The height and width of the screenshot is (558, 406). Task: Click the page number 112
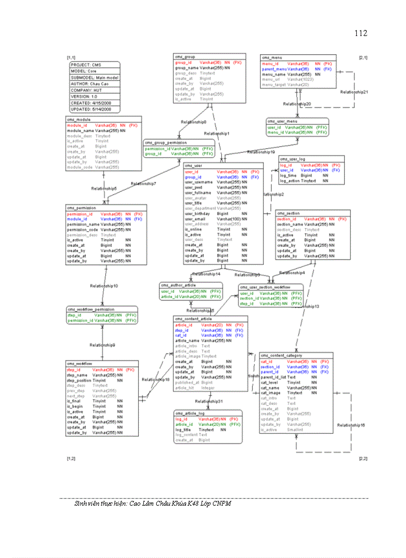[x=361, y=33]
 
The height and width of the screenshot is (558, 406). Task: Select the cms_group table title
[x=187, y=57]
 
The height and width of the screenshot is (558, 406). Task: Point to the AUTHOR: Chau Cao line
[x=90, y=84]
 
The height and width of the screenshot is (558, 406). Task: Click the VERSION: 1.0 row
[x=84, y=96]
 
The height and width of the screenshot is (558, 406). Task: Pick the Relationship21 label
[x=354, y=92]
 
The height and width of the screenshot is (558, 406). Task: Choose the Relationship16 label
[x=351, y=425]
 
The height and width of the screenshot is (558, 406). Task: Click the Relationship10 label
[x=104, y=286]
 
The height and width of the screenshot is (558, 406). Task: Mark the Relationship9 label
[x=102, y=345]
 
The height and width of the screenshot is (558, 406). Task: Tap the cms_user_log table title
[x=292, y=159]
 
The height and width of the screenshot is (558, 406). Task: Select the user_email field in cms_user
[x=195, y=219]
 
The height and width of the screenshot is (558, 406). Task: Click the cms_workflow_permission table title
[x=91, y=309]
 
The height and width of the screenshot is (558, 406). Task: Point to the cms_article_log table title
[x=189, y=413]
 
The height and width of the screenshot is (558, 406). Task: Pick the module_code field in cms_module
[x=79, y=167]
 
